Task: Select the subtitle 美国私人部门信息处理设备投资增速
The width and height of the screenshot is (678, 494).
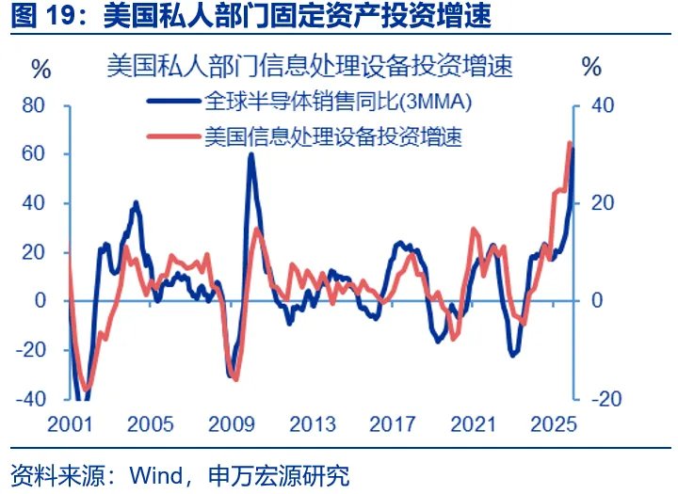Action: pos(310,67)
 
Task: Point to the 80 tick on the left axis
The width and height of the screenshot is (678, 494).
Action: pos(34,105)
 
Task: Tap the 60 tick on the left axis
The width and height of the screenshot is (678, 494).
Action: pos(34,154)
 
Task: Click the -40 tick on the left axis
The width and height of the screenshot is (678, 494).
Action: pos(30,398)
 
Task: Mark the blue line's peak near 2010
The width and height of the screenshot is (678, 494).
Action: pos(250,154)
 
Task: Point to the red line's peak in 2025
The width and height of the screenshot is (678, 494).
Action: pos(569,143)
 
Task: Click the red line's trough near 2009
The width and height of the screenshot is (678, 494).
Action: pos(235,379)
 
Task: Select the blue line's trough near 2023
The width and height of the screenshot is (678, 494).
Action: pos(513,355)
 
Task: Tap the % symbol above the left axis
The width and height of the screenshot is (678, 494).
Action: pos(40,69)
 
